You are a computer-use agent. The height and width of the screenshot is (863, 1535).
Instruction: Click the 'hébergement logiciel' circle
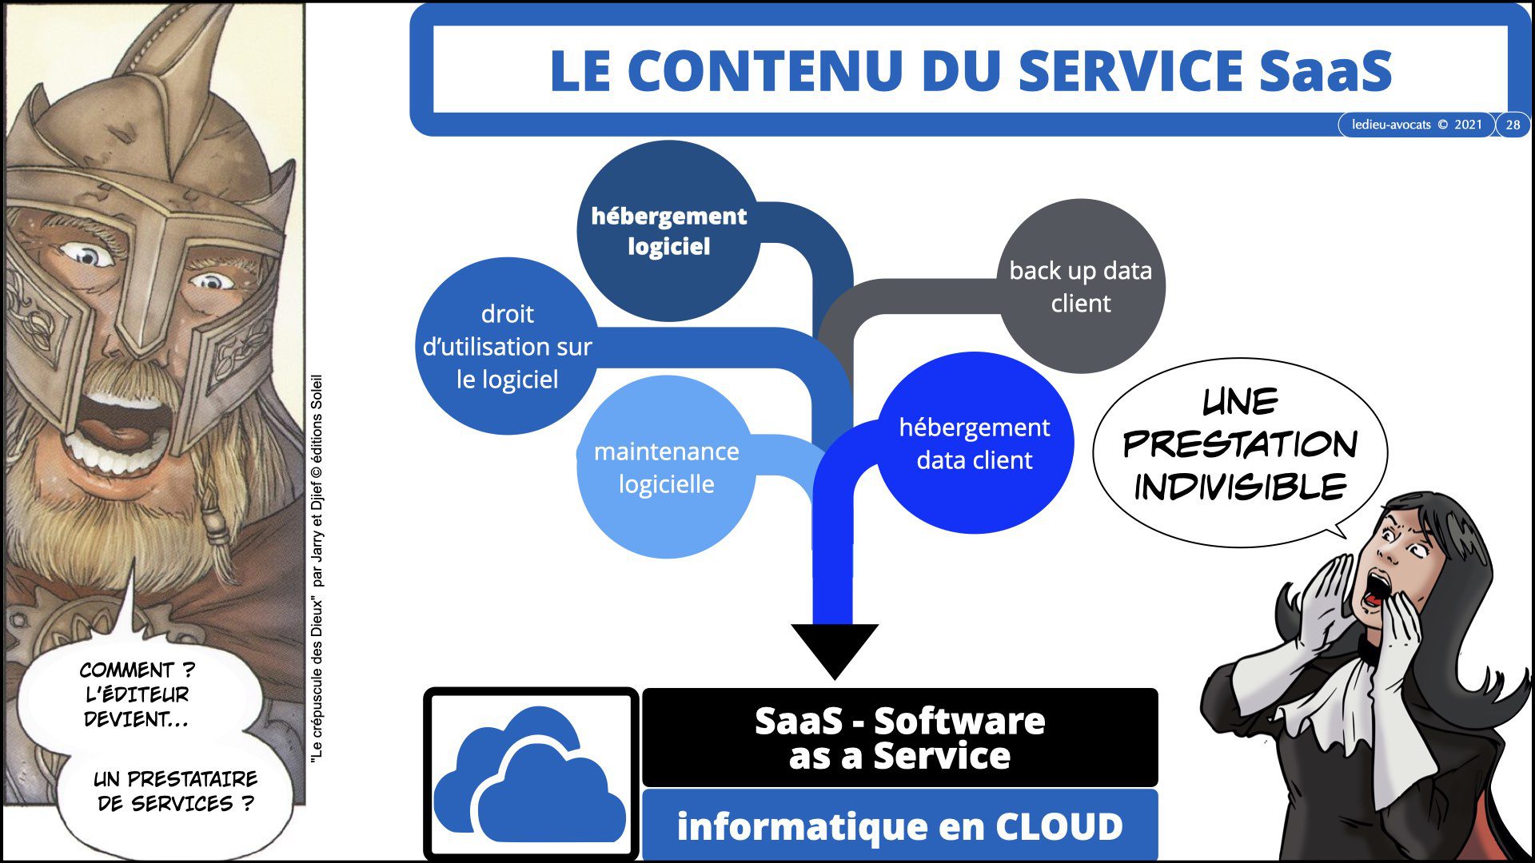pos(668,231)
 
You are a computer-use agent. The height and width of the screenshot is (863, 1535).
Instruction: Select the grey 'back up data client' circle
pos(1081,286)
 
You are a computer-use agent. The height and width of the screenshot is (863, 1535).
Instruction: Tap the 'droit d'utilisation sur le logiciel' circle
pos(507,346)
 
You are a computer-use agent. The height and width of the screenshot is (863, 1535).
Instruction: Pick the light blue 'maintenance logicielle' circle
pos(666,467)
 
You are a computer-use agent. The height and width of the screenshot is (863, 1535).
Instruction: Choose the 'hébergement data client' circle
pos(974,443)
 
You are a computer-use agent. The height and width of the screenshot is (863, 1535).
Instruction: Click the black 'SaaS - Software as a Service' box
pos(899,738)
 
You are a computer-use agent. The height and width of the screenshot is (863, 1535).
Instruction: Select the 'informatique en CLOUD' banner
pos(899,826)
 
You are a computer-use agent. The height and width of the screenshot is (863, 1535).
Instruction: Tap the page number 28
pos(1513,125)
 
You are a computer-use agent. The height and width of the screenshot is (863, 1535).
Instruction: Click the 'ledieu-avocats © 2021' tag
pos(1416,125)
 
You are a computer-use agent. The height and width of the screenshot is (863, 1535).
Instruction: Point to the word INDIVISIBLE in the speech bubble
pos(1240,487)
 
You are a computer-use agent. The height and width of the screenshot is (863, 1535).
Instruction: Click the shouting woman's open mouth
pos(1374,590)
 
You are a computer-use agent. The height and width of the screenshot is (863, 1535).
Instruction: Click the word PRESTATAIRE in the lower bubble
pos(193,778)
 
